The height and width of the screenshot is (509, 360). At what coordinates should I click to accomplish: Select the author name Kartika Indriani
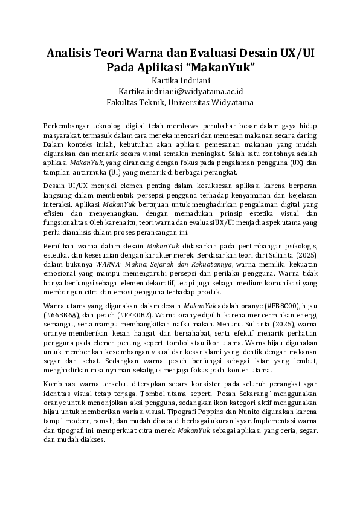[x=180, y=80]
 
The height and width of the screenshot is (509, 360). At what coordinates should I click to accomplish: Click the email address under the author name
[x=180, y=91]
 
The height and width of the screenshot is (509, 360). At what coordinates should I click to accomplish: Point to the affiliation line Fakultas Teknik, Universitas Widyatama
[x=180, y=102]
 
